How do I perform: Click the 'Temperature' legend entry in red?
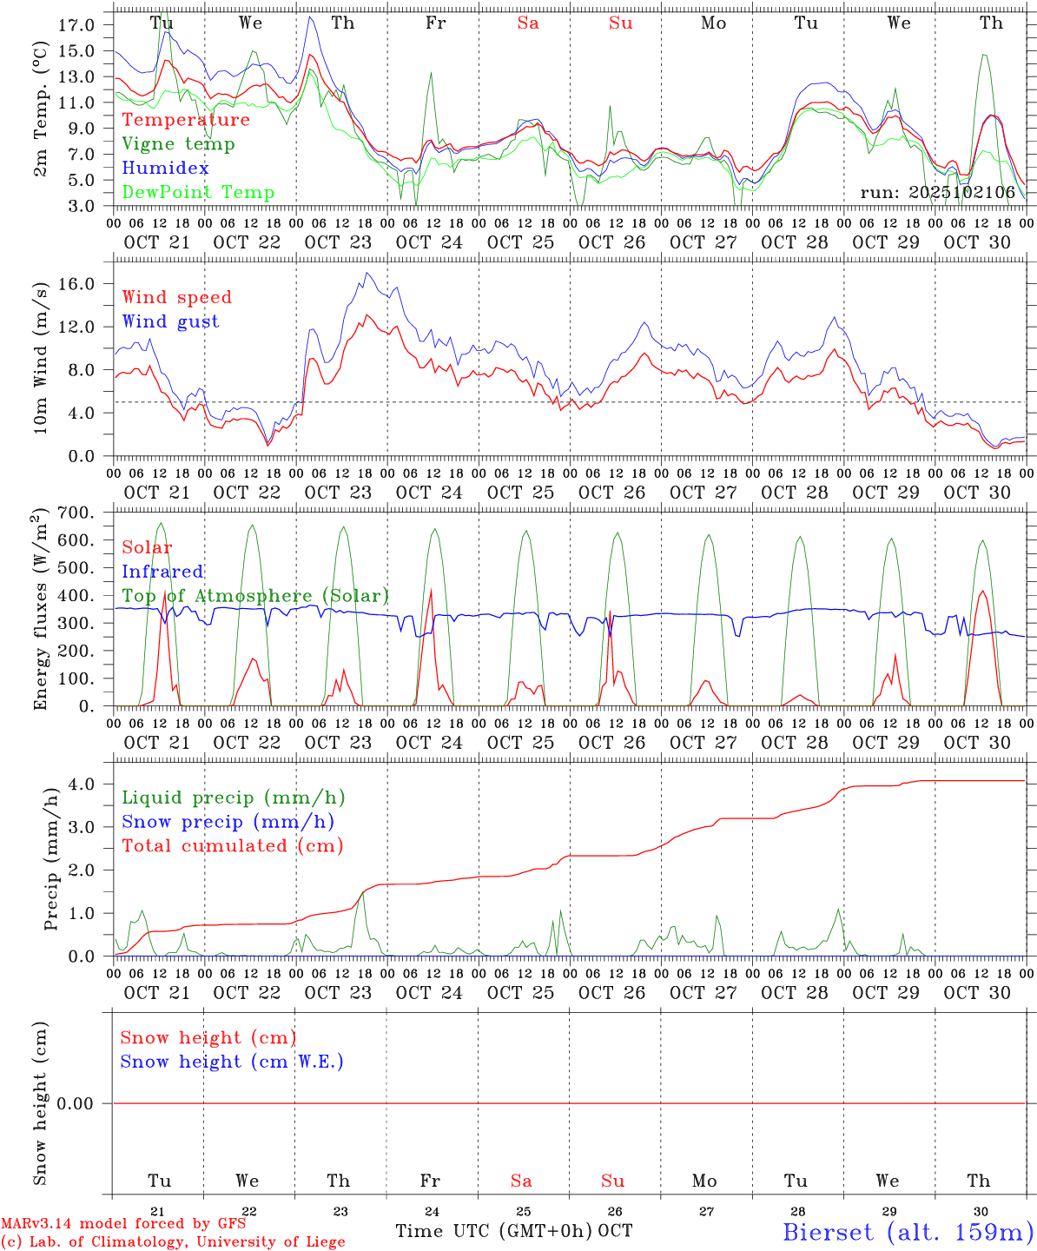185,120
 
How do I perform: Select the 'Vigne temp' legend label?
178,144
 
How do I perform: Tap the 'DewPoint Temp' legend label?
198,193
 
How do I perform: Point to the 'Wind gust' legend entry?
170,321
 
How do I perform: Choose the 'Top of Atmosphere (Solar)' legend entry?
255,596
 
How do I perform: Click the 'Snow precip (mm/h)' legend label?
228,822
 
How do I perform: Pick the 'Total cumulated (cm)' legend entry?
232,846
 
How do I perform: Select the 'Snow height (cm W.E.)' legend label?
232,1062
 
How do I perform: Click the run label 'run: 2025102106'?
937,193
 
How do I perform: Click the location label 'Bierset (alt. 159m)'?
908,1231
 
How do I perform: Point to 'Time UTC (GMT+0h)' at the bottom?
493,1231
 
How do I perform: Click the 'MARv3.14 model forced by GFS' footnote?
123,1224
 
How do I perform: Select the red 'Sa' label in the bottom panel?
521,1181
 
